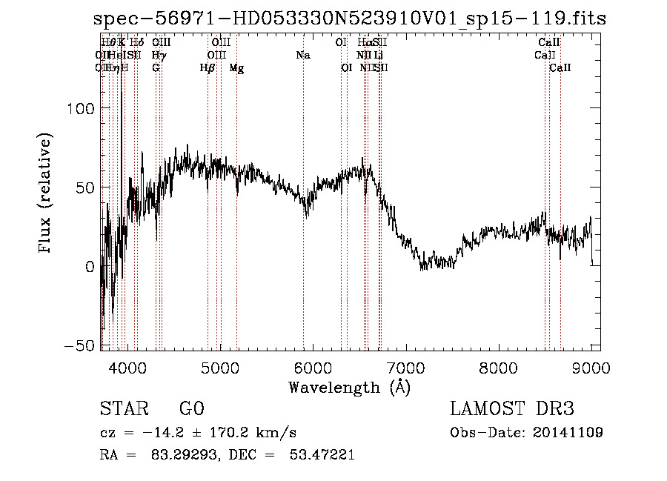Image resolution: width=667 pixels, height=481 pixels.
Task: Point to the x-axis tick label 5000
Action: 219,368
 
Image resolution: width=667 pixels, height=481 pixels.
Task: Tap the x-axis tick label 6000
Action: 312,368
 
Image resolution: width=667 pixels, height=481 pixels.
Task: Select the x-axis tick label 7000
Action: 405,368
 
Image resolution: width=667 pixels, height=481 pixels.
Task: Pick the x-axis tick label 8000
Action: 498,368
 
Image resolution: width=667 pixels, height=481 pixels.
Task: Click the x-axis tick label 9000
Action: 591,368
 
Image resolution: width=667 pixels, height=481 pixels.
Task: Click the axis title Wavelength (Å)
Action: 349,387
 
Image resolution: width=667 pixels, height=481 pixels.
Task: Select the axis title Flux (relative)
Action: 45,194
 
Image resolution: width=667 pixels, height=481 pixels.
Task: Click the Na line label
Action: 302,56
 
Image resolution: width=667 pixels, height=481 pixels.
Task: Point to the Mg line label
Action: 236,68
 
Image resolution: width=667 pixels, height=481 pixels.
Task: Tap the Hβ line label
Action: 208,68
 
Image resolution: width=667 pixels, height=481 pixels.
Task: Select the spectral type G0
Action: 191,409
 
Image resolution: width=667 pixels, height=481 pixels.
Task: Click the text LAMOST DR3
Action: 512,409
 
